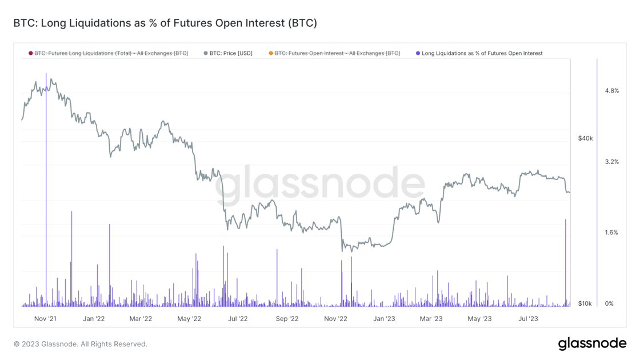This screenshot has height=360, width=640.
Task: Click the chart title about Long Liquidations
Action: (x=165, y=23)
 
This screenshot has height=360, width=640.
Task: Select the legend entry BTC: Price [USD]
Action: (x=229, y=53)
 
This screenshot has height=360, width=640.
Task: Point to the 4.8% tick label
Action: (x=611, y=91)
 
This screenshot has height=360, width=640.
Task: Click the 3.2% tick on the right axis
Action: (x=611, y=162)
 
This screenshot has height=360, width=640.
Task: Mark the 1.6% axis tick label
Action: (x=611, y=233)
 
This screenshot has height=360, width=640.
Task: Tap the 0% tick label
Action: (x=609, y=303)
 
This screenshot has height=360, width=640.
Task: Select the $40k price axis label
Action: (x=585, y=138)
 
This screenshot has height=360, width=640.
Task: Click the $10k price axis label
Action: (x=585, y=303)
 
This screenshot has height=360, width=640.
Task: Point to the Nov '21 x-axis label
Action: (x=45, y=319)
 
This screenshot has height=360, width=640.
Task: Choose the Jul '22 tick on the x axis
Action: (x=238, y=319)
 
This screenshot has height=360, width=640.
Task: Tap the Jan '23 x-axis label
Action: (x=384, y=319)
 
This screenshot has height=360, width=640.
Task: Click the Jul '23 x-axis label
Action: (x=528, y=319)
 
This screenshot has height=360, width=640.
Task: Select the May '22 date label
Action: (x=189, y=319)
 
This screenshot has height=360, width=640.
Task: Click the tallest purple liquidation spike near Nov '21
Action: (x=46, y=171)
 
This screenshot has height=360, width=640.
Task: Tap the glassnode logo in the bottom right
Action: (x=592, y=343)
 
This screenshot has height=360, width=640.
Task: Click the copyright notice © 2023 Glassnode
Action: (x=81, y=344)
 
